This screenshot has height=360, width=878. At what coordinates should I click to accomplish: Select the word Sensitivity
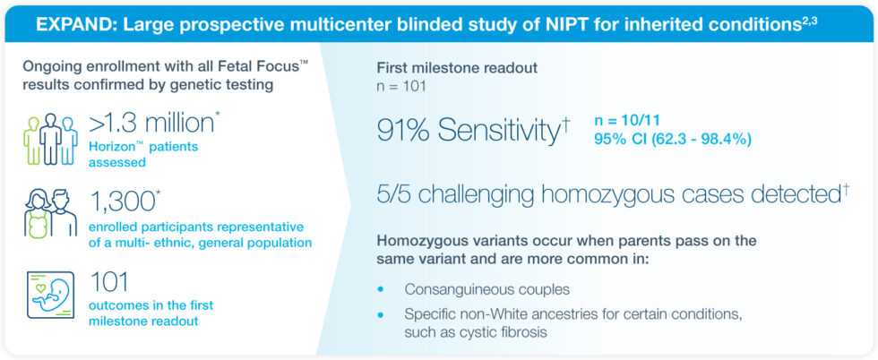497,131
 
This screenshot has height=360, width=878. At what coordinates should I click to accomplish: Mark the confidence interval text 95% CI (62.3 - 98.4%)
672,139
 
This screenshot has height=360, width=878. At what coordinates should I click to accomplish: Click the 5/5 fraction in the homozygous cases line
396,195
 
